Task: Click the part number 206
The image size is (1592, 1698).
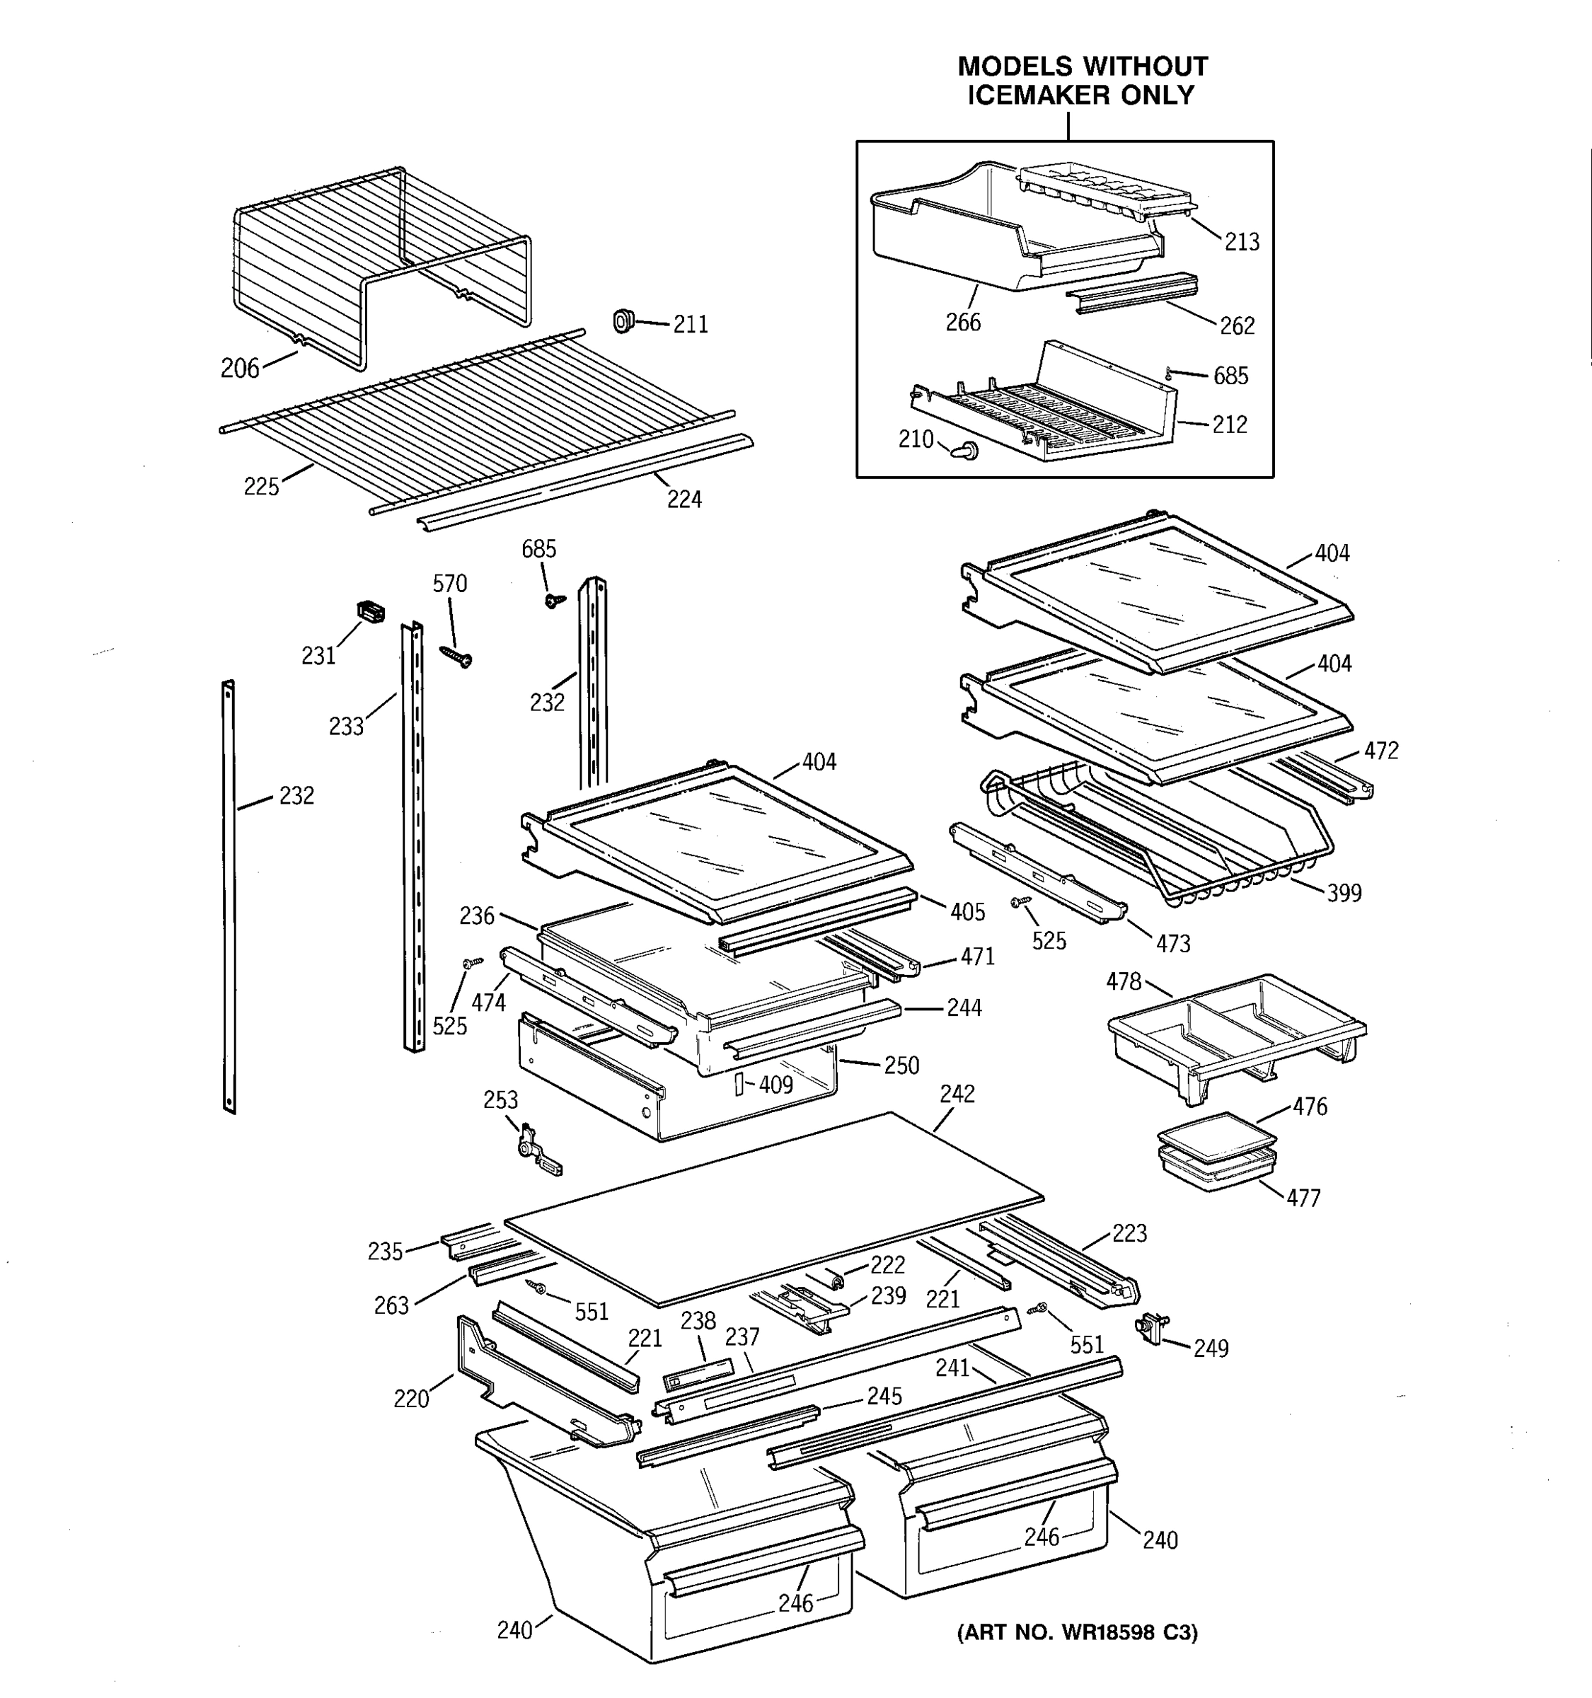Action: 239,368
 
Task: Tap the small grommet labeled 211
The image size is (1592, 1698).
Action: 623,321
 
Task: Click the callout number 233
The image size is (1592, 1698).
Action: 346,727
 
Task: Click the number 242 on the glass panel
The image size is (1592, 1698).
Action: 957,1094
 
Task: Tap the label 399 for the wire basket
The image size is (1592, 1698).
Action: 1344,894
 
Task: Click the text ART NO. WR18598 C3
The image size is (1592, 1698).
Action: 1077,1633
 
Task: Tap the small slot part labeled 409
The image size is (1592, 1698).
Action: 739,1084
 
